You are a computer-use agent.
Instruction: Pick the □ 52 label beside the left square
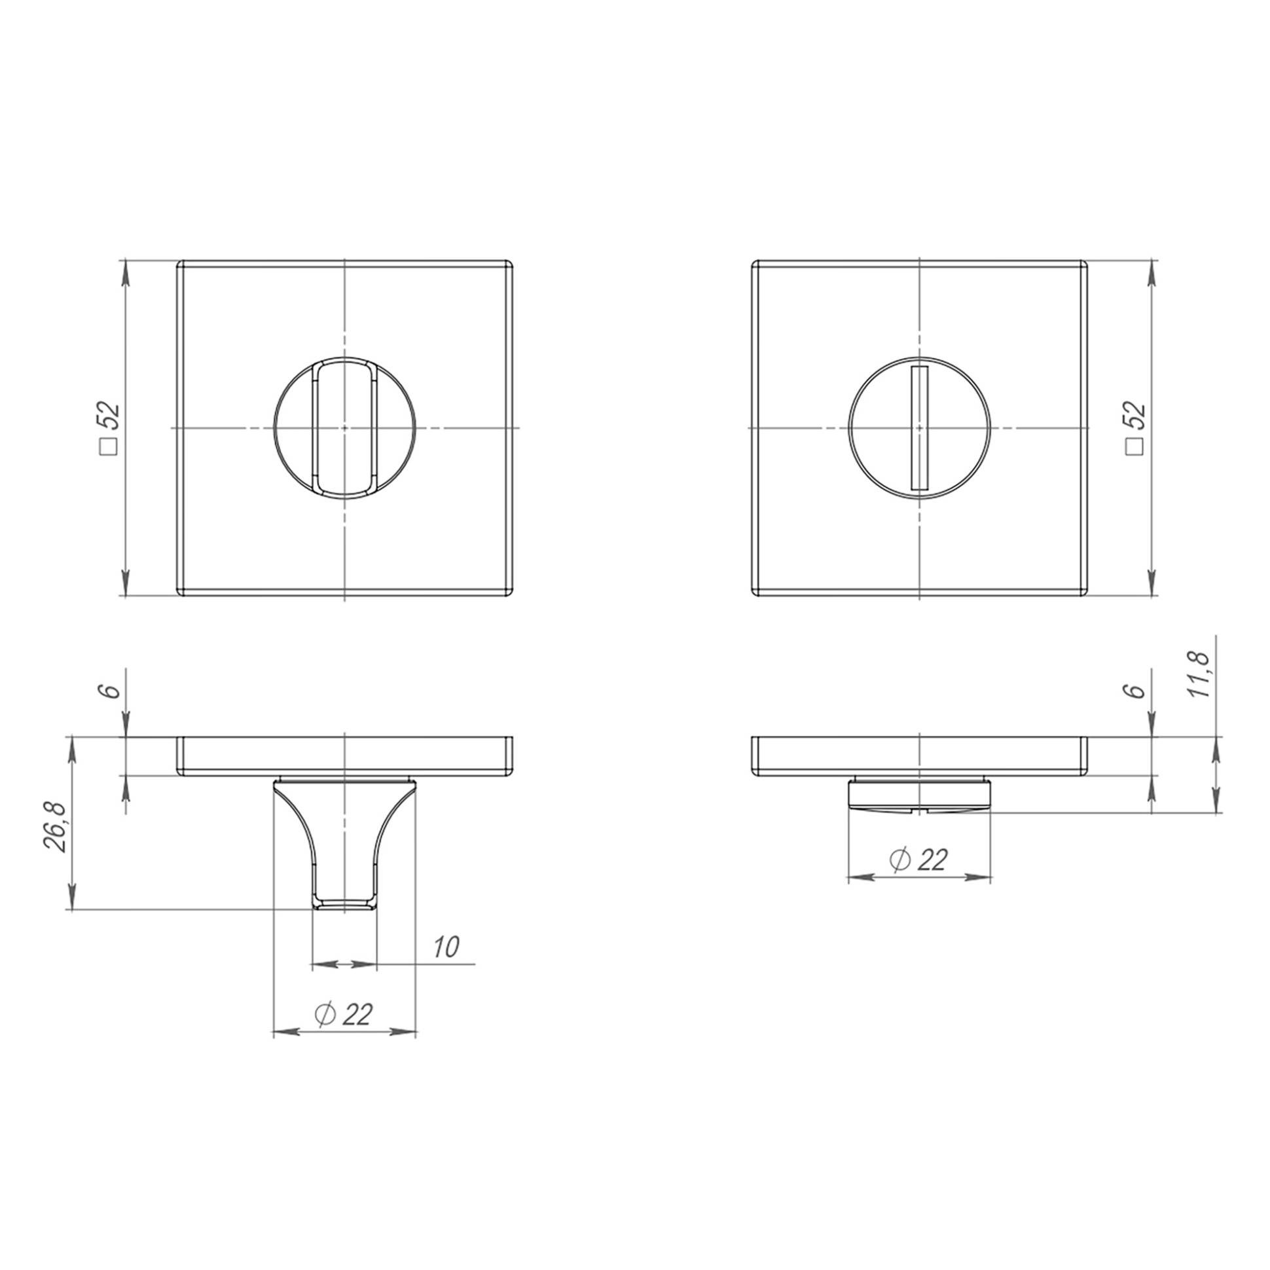point(109,428)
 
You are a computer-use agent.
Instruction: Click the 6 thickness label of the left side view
point(112,690)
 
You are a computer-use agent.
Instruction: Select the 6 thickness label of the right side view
point(1138,690)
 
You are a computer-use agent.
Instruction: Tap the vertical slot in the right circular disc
point(919,428)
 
